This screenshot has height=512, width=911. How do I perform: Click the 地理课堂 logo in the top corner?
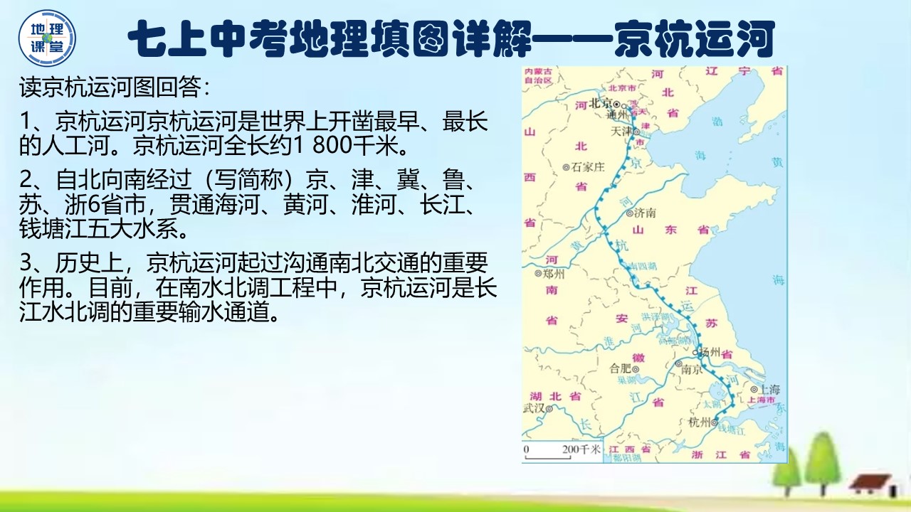coord(47,38)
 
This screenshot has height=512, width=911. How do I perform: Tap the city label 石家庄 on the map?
coord(586,167)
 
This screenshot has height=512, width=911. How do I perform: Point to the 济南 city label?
coord(643,213)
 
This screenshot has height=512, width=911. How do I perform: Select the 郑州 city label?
coord(553,273)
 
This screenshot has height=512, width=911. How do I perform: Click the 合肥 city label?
coord(621,368)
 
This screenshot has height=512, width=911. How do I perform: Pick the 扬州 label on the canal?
coord(710,352)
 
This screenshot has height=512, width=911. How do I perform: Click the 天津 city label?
coord(621,132)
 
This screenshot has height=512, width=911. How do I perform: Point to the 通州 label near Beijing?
coord(616,114)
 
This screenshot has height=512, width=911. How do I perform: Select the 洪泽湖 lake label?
coord(651,316)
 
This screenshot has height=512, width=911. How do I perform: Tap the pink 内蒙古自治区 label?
coord(538,76)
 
